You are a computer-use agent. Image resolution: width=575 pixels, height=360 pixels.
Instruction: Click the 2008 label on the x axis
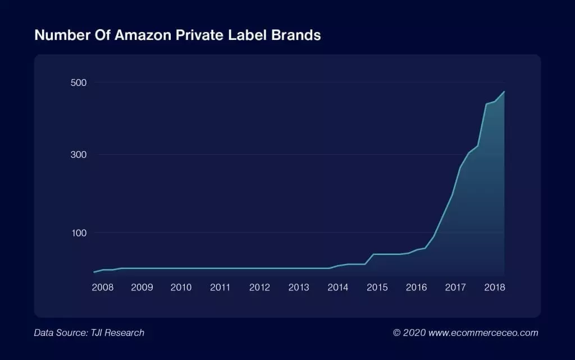coord(103,288)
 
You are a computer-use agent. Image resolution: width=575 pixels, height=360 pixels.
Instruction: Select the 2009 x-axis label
coord(142,288)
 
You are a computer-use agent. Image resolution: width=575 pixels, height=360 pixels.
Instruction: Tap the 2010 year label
coord(181,288)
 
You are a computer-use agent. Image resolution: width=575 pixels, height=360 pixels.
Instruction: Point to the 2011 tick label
coord(220,288)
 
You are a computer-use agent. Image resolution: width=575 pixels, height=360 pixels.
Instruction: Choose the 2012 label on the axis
coord(259,288)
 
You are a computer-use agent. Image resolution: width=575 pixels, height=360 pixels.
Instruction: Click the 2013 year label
coord(299,288)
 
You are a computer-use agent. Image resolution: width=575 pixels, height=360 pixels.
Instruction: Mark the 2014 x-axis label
coord(338,288)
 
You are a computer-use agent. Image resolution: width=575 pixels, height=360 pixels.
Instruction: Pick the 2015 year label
coord(377,288)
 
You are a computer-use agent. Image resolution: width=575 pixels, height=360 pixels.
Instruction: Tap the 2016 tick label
coord(416,288)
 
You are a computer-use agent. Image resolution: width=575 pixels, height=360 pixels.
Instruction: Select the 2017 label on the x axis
coord(455,288)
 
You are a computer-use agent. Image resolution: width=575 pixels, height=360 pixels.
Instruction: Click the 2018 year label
coord(495,288)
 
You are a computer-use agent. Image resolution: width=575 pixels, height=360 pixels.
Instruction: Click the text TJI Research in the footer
coord(116,333)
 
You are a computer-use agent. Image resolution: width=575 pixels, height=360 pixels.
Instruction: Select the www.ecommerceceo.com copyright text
coord(483,333)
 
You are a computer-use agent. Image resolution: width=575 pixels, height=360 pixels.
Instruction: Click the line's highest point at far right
coord(504,92)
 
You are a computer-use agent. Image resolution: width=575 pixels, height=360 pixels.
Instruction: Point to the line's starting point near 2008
coord(94,272)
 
